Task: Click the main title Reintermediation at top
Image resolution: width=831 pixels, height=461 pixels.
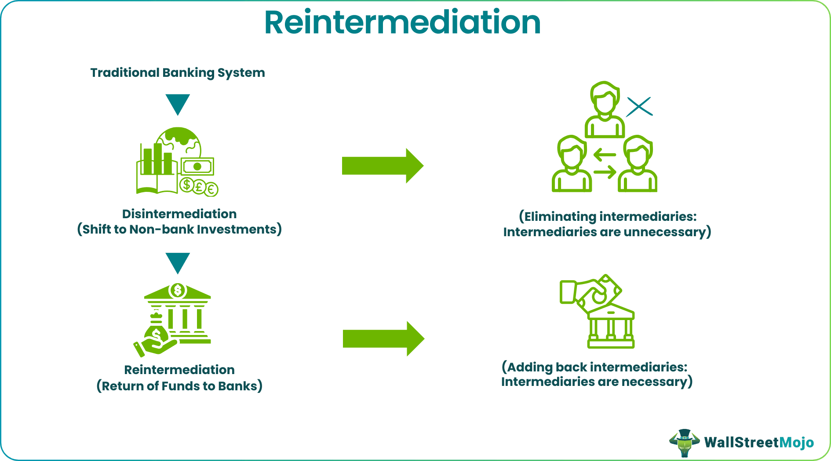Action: click(x=402, y=23)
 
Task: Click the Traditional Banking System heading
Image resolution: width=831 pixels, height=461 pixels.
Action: click(x=178, y=72)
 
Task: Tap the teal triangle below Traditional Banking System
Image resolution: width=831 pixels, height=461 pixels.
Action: click(x=178, y=103)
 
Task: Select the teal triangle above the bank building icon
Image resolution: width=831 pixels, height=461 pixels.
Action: click(x=178, y=262)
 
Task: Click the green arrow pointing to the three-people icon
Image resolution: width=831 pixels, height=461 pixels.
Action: click(x=382, y=166)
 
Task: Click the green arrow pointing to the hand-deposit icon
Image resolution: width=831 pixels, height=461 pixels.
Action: click(x=383, y=339)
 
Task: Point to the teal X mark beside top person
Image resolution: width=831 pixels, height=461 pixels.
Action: click(x=639, y=107)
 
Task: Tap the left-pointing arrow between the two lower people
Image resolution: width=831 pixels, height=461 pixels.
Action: click(x=605, y=155)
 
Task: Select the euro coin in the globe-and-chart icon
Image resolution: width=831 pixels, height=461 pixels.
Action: click(x=211, y=189)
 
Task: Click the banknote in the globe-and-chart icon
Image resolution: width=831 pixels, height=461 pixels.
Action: click(x=197, y=166)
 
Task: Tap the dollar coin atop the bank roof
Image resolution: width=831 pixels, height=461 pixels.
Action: click(x=178, y=290)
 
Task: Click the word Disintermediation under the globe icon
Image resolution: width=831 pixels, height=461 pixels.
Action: click(x=179, y=214)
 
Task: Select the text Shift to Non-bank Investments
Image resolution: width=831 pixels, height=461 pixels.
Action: click(x=179, y=229)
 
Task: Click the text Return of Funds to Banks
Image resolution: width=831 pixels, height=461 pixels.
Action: click(x=179, y=386)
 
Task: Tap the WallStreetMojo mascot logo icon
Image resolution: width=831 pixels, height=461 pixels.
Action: click(x=684, y=443)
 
